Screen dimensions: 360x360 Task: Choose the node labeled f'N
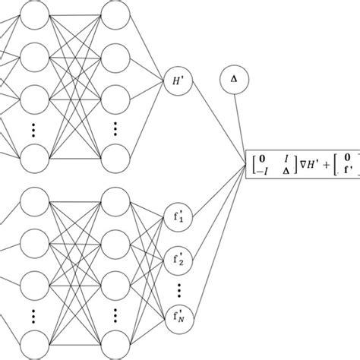pyautogui.click(x=177, y=313)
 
